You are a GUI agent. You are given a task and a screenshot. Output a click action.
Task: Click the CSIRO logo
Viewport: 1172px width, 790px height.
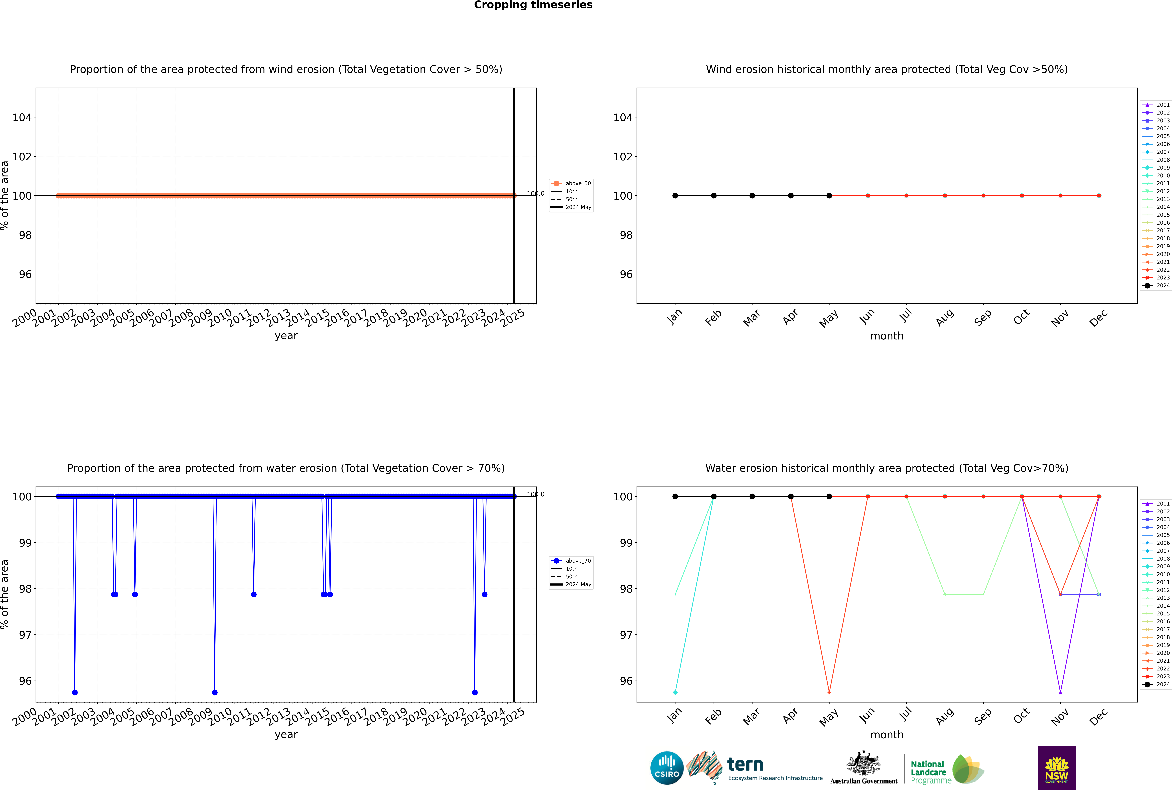point(667,768)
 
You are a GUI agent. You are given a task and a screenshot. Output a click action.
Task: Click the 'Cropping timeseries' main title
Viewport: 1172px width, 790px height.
point(533,5)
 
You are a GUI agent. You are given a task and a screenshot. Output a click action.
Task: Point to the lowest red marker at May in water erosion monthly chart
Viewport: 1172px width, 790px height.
point(829,692)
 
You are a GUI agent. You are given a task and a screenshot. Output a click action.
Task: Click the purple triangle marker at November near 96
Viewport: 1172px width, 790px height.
point(1061,692)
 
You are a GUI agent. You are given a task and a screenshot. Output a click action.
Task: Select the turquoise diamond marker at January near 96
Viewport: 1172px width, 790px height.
point(675,692)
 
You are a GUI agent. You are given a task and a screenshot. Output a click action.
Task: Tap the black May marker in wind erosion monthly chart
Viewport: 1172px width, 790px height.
point(829,195)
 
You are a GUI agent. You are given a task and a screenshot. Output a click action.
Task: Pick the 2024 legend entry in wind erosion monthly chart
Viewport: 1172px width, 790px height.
point(1156,286)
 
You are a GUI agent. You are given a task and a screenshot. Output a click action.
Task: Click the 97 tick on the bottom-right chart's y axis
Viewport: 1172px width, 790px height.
point(626,635)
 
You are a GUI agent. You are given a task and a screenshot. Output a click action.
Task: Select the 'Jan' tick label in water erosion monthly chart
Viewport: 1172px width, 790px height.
point(674,715)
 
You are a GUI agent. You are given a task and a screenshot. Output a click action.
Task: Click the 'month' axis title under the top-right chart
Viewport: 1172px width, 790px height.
point(887,336)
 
